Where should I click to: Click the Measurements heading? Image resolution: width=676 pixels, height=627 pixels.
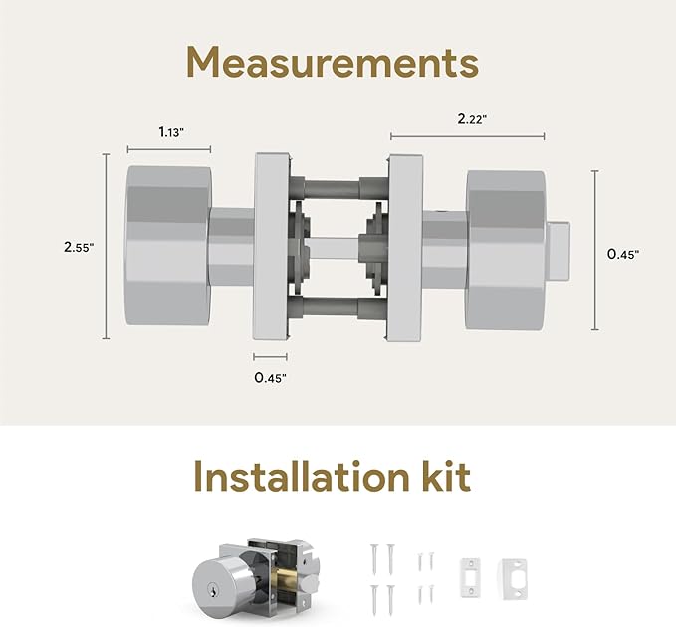[333, 63]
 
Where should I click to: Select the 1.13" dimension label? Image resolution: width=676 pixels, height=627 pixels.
[171, 132]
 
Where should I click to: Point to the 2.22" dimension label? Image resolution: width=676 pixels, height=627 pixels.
[472, 119]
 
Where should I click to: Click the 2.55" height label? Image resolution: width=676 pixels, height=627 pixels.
[79, 247]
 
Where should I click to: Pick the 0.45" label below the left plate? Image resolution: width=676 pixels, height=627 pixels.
[270, 378]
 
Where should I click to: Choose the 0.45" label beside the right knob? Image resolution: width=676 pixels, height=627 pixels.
[623, 254]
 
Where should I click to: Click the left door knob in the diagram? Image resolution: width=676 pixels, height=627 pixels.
[168, 246]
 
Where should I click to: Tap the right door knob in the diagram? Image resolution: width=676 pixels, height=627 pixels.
[506, 251]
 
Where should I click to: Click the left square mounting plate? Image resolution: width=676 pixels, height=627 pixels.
[271, 246]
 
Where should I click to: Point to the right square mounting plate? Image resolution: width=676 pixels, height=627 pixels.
[404, 248]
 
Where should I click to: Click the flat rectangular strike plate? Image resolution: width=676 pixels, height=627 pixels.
[470, 577]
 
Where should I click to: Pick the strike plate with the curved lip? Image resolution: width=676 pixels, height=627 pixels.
[514, 579]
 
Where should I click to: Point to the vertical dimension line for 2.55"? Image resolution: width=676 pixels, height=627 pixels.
[107, 246]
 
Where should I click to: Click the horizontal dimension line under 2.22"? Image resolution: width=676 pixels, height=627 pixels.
[467, 136]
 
